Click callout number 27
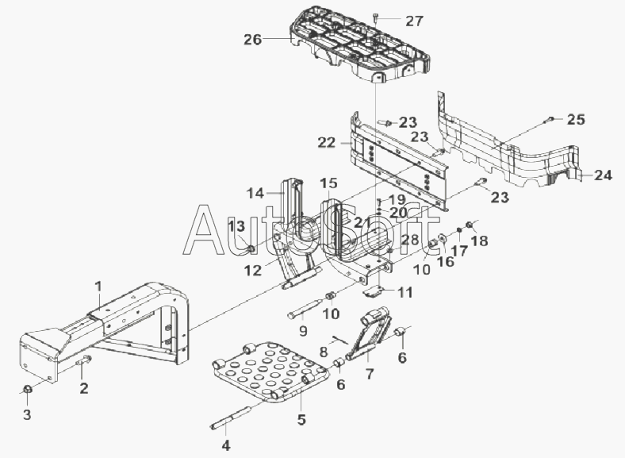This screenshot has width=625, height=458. click(414, 21)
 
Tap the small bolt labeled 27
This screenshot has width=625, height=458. click(376, 18)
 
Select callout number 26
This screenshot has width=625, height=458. click(253, 40)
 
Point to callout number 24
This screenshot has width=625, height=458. click(603, 175)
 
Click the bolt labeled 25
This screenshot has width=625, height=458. click(549, 119)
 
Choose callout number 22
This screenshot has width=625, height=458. click(327, 142)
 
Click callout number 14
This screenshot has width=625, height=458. click(255, 193)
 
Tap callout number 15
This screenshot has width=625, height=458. click(328, 183)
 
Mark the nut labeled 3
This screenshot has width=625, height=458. click(27, 388)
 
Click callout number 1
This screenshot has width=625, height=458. click(98, 286)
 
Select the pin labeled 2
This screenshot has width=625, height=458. click(85, 360)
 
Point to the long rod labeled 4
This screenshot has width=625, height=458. click(231, 418)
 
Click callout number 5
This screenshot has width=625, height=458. click(301, 419)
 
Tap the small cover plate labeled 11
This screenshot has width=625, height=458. click(372, 292)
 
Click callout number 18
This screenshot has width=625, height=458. click(479, 241)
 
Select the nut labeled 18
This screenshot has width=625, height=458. click(470, 225)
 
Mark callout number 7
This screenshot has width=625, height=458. click(370, 374)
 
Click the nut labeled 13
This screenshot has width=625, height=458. click(251, 249)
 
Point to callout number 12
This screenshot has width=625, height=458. click(253, 271)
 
